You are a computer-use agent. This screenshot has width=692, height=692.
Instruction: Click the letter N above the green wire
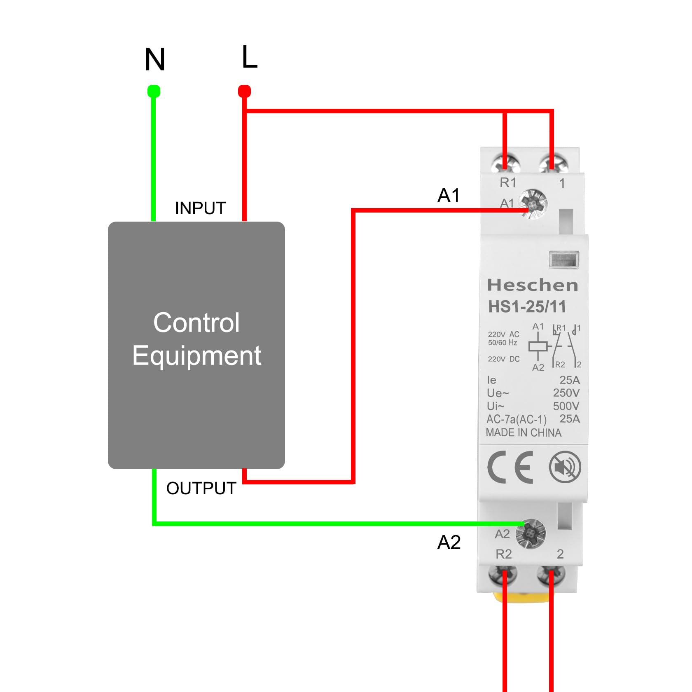(x=155, y=59)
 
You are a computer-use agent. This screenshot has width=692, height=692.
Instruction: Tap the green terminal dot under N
(x=154, y=91)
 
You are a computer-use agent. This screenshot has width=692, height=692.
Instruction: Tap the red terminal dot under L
(x=245, y=91)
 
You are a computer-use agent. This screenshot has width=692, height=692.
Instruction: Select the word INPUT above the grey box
(x=201, y=208)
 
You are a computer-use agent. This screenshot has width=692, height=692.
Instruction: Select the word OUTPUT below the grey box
(x=201, y=489)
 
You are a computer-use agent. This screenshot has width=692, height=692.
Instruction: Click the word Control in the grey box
(x=196, y=323)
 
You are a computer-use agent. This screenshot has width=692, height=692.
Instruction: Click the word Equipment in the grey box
(x=196, y=355)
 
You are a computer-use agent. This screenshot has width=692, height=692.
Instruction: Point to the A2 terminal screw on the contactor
(x=531, y=533)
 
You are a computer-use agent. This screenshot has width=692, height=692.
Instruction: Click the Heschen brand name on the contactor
(x=533, y=285)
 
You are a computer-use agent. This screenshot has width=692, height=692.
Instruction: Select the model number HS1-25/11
(x=527, y=306)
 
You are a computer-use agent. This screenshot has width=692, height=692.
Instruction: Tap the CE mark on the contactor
(x=510, y=467)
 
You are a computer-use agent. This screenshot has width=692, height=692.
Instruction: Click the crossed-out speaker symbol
(x=565, y=467)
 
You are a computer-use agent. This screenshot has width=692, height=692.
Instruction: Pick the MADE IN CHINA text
(x=524, y=432)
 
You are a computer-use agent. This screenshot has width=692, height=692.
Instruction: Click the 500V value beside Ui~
(x=566, y=406)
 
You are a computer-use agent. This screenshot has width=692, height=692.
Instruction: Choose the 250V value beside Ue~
(x=566, y=393)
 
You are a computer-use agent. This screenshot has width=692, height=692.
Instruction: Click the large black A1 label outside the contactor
(x=449, y=195)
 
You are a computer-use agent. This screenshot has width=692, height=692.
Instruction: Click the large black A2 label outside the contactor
(x=449, y=542)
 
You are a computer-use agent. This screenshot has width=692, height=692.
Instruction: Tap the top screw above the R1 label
(x=506, y=164)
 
